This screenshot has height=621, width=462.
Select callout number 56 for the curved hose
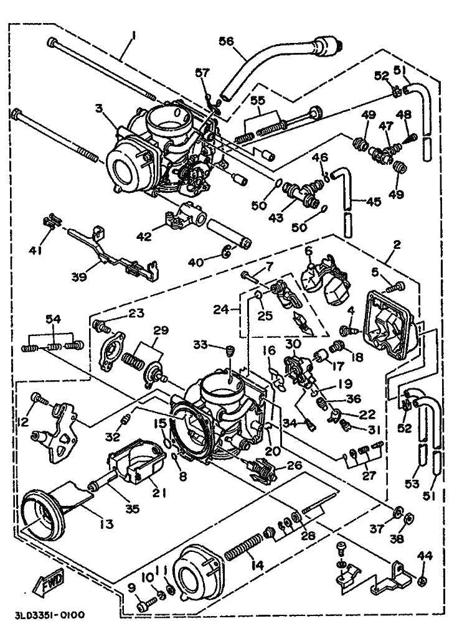coord(227,42)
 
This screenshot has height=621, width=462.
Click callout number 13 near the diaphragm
coord(106,524)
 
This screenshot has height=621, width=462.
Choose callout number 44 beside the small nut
coord(423,555)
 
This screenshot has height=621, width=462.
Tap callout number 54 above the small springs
coord(54,319)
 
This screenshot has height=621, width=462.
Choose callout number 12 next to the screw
coord(24,423)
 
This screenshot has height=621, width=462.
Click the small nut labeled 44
coord(422,582)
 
